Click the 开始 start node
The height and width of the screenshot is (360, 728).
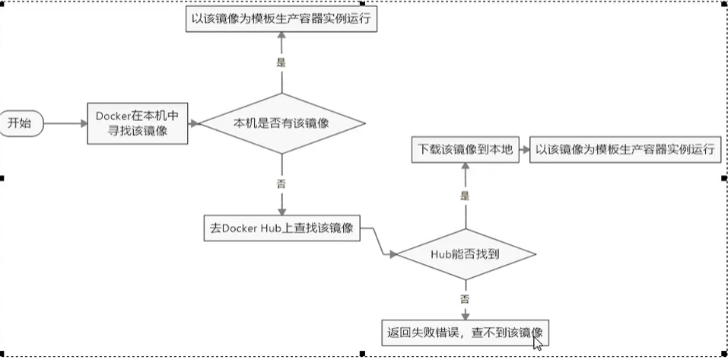click(x=21, y=123)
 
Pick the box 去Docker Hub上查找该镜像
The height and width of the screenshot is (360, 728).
click(x=281, y=227)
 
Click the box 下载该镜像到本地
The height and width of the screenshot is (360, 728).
click(x=463, y=150)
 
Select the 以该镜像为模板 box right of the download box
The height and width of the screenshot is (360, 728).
click(x=624, y=150)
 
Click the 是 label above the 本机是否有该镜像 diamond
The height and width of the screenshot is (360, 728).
click(x=281, y=63)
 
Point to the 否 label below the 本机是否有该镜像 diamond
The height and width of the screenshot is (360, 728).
click(x=281, y=183)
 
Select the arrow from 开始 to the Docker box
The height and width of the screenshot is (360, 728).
click(x=65, y=123)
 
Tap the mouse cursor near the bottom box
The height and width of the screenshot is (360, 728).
click(x=538, y=342)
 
